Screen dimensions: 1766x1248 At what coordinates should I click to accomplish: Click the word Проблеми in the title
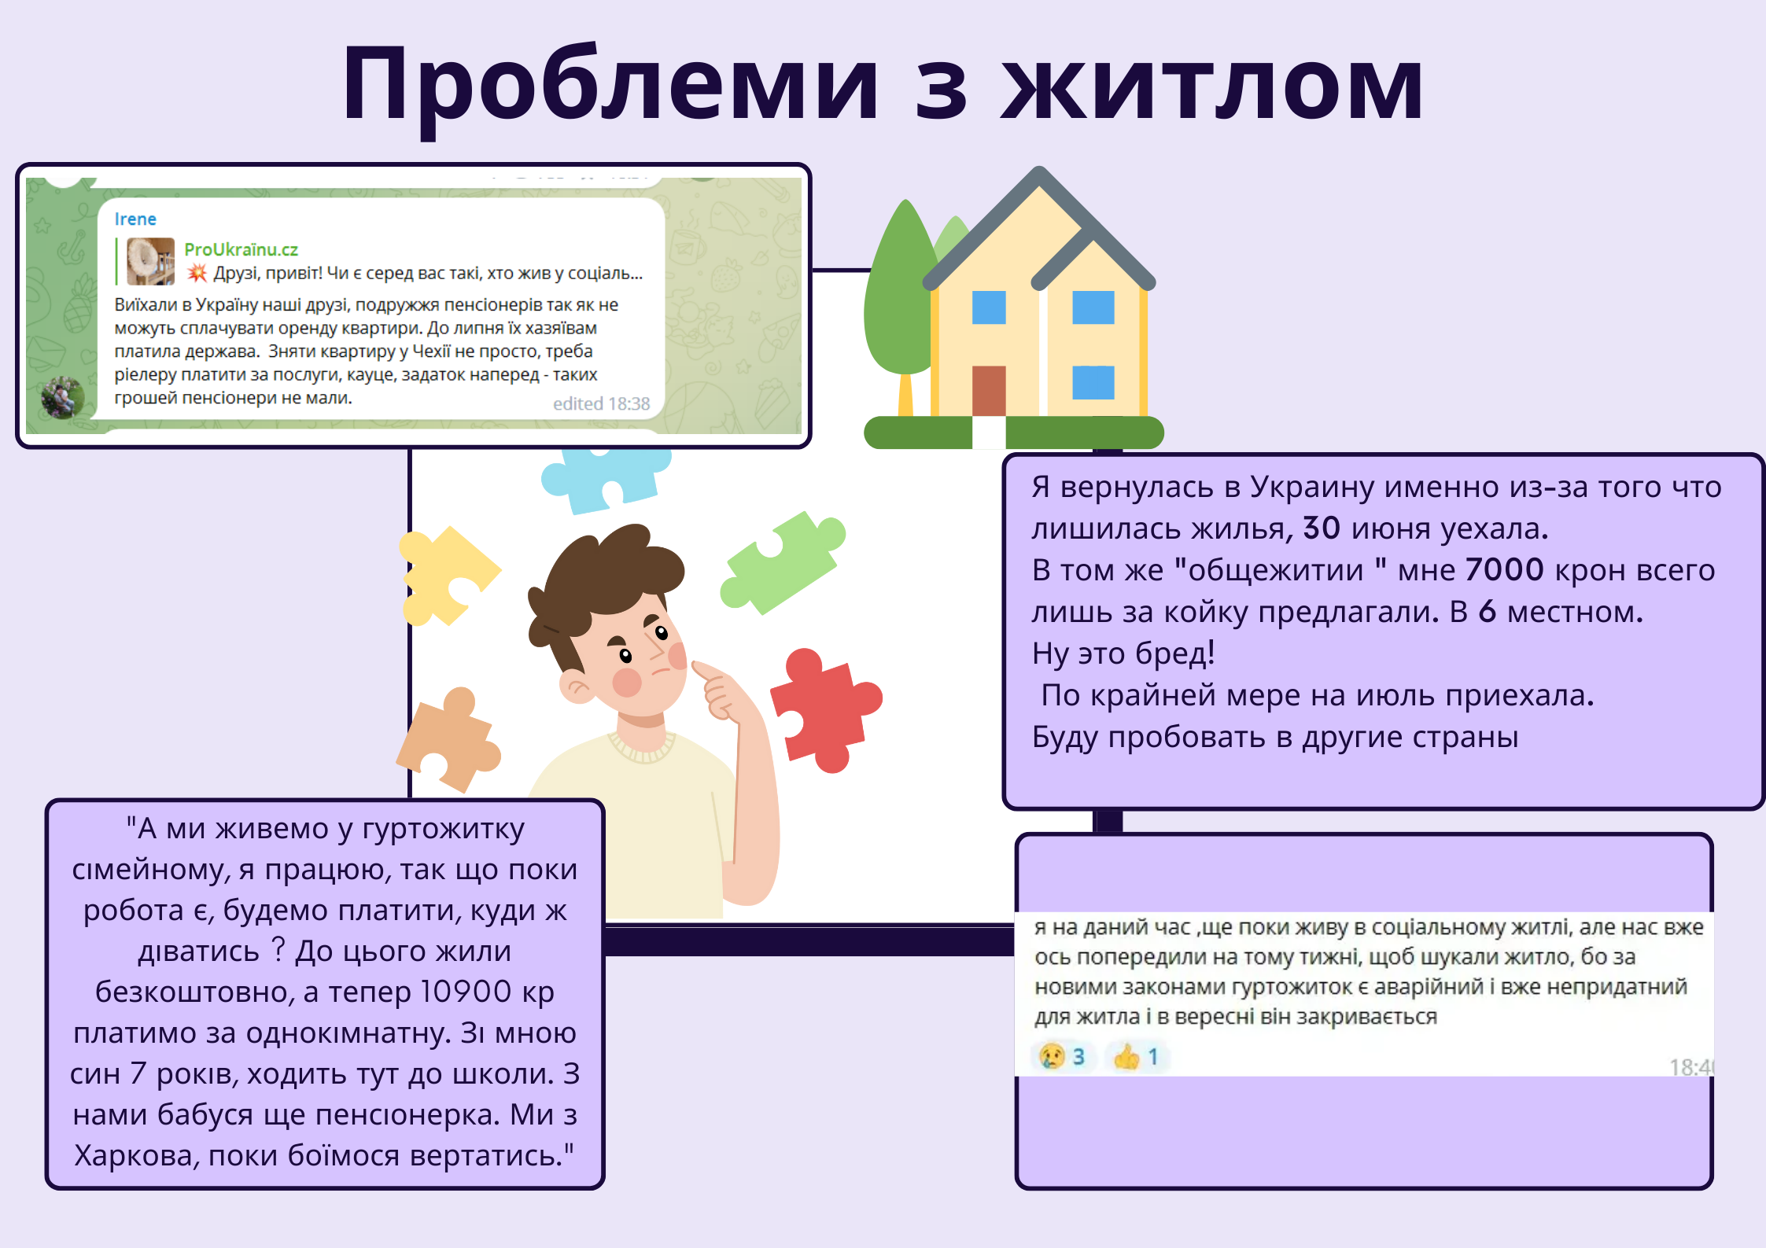[x=610, y=84]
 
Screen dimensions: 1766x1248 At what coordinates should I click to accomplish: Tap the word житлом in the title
[x=1212, y=84]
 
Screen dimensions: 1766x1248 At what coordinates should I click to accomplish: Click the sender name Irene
[x=135, y=219]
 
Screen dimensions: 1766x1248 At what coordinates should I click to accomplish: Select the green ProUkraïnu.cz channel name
[x=241, y=249]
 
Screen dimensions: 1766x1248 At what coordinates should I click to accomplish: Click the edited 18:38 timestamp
[x=601, y=403]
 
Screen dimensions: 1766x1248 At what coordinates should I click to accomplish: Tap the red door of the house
[x=989, y=390]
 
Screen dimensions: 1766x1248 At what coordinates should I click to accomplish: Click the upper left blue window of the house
[x=989, y=307]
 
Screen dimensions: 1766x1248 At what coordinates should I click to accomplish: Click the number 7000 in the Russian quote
[x=1505, y=569]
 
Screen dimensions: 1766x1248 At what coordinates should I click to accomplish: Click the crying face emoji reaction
[x=1052, y=1056]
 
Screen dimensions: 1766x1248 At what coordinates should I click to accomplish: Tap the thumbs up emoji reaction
[x=1126, y=1056]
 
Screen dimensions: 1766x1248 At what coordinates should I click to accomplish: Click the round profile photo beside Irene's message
[x=63, y=397]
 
